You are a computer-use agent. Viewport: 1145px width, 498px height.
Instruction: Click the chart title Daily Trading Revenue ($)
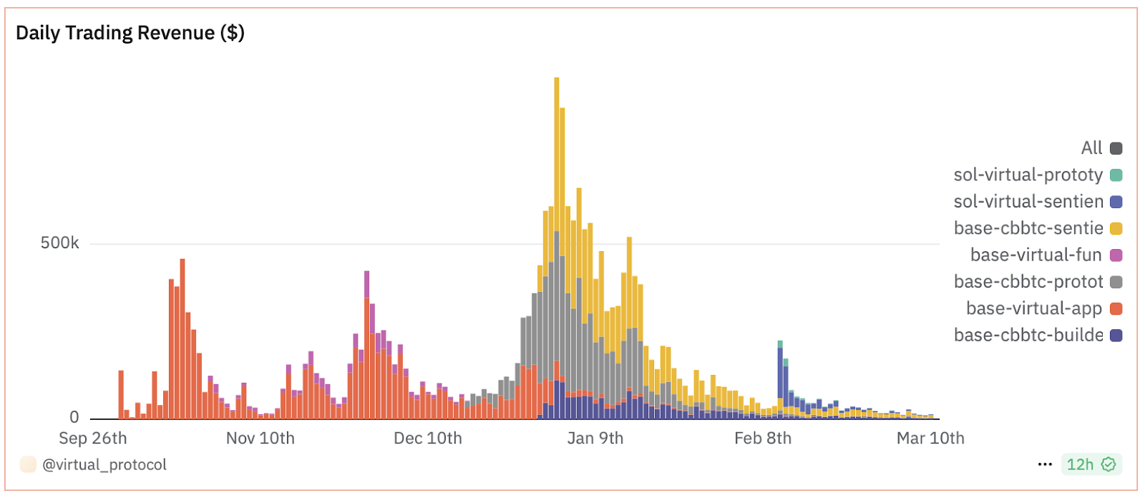[130, 33]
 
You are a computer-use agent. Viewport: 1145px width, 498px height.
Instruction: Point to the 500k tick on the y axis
[59, 243]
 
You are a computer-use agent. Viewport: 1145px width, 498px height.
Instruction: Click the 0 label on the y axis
[74, 417]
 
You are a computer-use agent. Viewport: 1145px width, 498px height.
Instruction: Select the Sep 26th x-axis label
[93, 438]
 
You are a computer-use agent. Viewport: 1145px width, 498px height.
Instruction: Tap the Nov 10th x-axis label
[260, 438]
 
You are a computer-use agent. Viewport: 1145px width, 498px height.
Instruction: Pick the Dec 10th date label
[428, 438]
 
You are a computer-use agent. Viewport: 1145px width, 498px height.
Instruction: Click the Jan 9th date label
[595, 438]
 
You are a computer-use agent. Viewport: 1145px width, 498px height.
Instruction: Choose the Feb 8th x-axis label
[763, 438]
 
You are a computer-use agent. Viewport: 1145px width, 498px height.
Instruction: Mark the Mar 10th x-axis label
[930, 438]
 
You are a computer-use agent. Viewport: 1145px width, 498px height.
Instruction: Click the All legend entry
[1101, 148]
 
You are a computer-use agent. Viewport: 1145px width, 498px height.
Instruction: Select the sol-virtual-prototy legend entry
[1037, 175]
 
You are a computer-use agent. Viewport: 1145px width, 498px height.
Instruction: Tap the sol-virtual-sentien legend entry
[1037, 202]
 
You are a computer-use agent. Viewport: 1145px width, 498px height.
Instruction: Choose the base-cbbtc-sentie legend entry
[1037, 228]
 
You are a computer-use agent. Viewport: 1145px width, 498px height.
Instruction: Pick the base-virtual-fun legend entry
[1045, 255]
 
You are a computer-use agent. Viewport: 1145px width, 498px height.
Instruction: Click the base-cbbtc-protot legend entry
[1037, 282]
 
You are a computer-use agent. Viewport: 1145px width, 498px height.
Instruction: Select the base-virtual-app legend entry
[1043, 308]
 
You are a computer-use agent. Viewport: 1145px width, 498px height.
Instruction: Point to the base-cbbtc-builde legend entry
[1037, 335]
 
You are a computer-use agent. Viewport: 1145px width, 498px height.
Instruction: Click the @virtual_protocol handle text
[104, 465]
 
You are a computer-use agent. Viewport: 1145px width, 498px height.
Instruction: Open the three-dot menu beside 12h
[1045, 464]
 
